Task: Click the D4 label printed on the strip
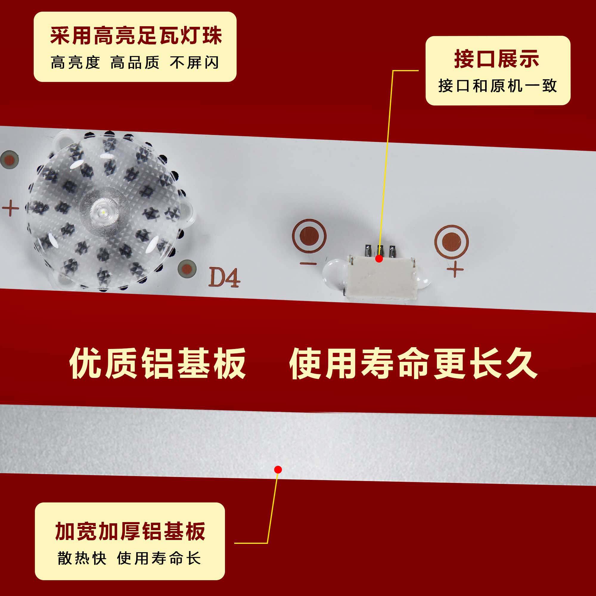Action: click(224, 278)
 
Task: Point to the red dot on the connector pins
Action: click(379, 258)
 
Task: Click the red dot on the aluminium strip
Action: click(278, 470)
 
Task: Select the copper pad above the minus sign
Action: click(309, 236)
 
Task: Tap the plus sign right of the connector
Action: click(455, 270)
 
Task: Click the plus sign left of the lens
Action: click(11, 208)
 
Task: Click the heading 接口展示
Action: click(497, 59)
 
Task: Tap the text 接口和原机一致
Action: click(497, 86)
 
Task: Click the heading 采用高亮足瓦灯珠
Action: click(136, 36)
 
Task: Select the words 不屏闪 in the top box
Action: click(194, 63)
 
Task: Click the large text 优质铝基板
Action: click(158, 363)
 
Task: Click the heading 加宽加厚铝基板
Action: click(130, 532)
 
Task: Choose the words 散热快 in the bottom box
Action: click(82, 558)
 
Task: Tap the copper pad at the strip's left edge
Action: click(9, 160)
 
